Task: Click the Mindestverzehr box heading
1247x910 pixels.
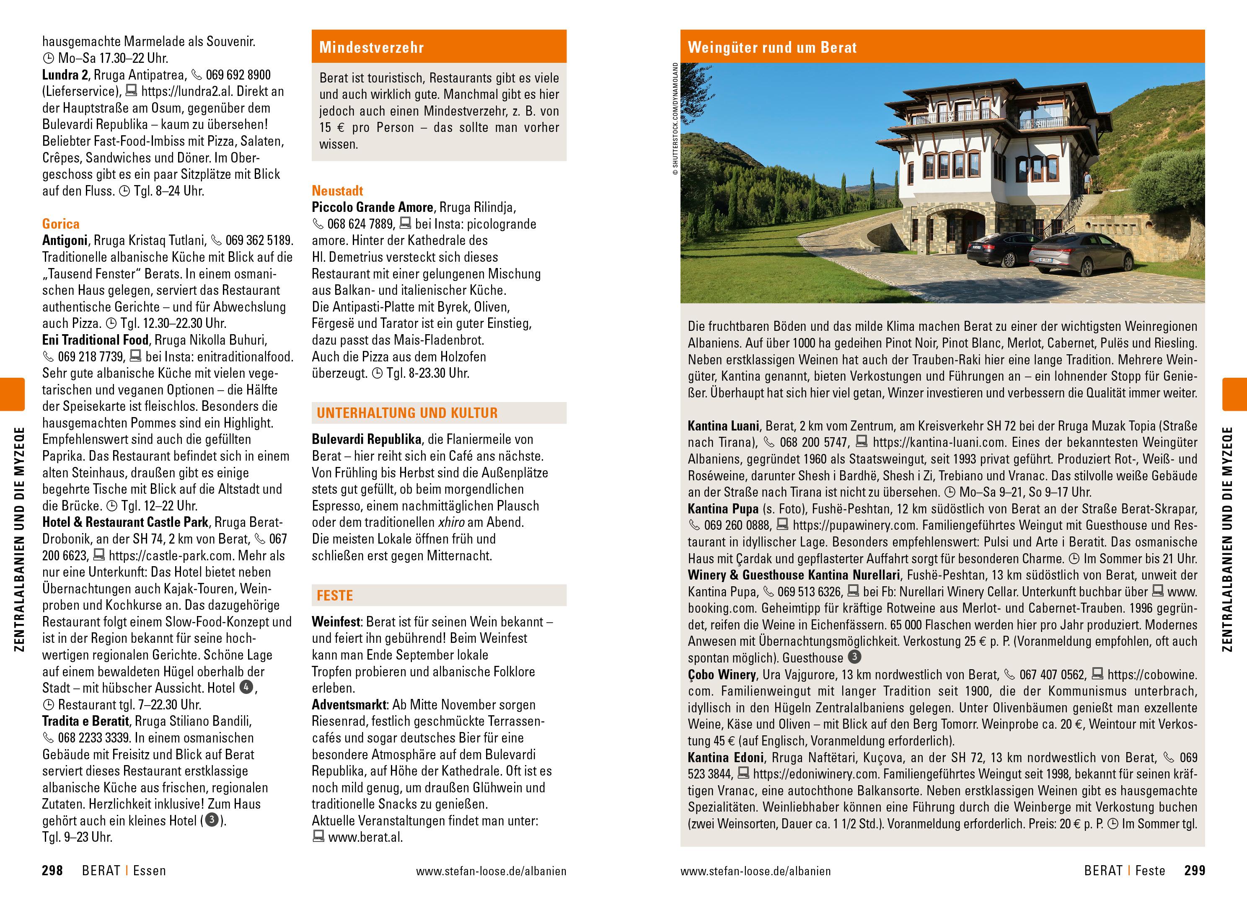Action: (x=371, y=47)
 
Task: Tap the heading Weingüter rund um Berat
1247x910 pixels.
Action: (x=772, y=47)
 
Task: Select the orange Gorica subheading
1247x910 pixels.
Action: (x=61, y=224)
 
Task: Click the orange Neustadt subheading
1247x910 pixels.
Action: (x=337, y=191)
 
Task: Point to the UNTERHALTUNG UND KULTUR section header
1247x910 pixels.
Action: (x=407, y=413)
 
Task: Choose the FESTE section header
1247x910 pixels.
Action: (x=334, y=595)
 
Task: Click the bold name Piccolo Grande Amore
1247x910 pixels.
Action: (x=373, y=207)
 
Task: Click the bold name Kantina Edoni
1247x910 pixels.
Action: (x=726, y=758)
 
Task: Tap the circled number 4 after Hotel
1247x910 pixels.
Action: (x=246, y=688)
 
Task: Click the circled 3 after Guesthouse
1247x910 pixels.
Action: (x=854, y=657)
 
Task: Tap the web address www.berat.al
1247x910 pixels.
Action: (x=365, y=837)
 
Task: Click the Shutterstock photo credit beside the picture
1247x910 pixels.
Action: (x=675, y=119)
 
